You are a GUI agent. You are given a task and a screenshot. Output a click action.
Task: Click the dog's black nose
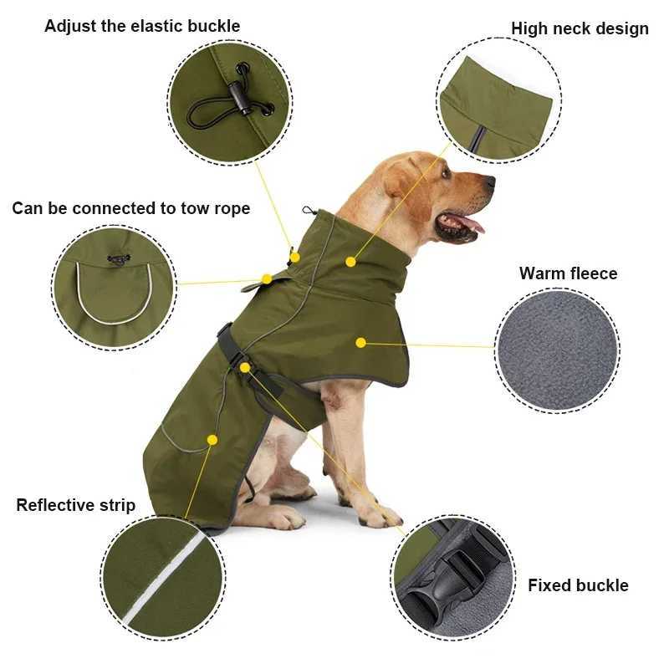[488, 181]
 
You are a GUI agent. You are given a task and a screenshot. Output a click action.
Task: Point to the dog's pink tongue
[470, 224]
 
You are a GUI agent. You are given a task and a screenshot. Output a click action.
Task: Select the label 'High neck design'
[580, 28]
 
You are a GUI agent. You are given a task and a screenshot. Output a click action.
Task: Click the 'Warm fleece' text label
[568, 273]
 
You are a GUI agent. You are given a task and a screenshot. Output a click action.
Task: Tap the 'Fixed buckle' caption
[577, 585]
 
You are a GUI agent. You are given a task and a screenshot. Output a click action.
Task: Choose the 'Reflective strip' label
[75, 505]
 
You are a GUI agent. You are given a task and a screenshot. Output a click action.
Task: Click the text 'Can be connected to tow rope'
[130, 208]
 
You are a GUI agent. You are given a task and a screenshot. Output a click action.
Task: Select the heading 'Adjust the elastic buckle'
[142, 26]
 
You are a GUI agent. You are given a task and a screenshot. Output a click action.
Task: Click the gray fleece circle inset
[557, 350]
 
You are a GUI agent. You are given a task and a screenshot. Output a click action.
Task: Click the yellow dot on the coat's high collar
[350, 262]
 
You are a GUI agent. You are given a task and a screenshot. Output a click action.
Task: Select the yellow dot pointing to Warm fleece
[360, 342]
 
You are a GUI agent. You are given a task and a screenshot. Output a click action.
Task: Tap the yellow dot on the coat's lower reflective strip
[212, 439]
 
